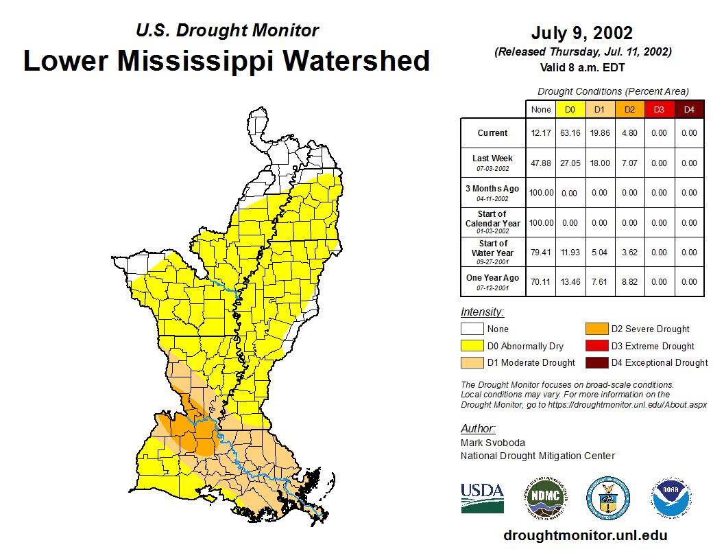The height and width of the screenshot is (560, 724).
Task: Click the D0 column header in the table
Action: click(x=570, y=109)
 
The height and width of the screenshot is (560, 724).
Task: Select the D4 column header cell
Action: click(x=689, y=109)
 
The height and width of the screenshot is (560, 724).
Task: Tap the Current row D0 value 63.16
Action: click(x=570, y=133)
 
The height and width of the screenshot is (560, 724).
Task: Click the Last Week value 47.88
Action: click(x=541, y=163)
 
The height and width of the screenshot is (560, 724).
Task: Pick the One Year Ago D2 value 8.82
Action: click(x=629, y=282)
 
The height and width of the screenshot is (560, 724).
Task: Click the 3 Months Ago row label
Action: click(x=493, y=192)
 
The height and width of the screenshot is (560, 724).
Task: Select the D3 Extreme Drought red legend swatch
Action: click(x=596, y=346)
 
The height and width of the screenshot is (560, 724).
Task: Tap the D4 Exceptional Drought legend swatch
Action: click(x=596, y=362)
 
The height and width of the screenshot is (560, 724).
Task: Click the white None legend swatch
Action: click(x=472, y=329)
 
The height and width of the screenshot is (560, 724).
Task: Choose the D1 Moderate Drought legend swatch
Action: click(x=472, y=362)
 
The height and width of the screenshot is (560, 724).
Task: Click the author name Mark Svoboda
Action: click(x=493, y=443)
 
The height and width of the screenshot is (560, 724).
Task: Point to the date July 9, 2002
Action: click(x=581, y=33)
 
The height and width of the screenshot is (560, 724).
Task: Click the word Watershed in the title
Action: click(x=357, y=60)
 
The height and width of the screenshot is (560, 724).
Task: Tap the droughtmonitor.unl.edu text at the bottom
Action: click(x=585, y=535)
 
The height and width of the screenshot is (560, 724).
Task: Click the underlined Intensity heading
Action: click(x=482, y=312)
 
